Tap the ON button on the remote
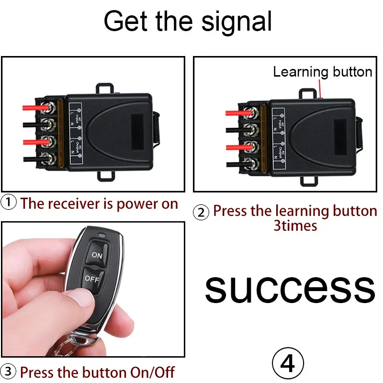tap(97, 255)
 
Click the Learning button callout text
tap(322, 72)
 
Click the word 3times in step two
tap(295, 225)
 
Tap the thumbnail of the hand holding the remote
tap(93, 290)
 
